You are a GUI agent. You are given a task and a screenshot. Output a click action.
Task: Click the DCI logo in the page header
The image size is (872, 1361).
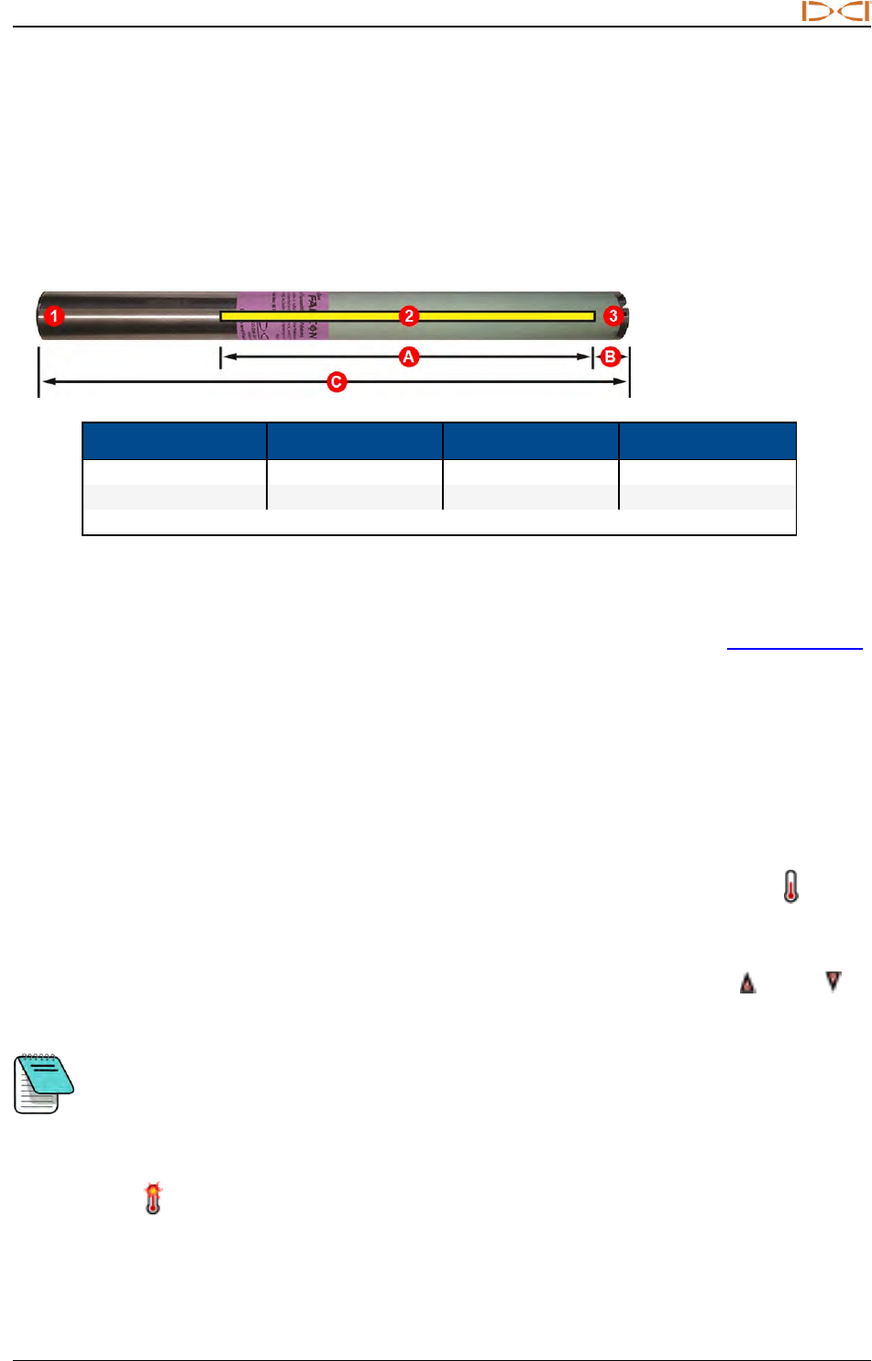[835, 12]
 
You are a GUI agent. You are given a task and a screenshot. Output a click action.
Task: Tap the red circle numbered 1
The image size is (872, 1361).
[55, 316]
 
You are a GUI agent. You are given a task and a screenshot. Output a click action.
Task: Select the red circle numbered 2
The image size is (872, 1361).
[409, 316]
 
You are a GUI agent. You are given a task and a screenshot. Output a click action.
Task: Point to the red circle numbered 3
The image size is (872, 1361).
[613, 316]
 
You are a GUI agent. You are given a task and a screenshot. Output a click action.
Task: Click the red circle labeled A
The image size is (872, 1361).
[409, 357]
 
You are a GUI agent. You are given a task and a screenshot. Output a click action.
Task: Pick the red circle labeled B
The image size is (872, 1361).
[611, 357]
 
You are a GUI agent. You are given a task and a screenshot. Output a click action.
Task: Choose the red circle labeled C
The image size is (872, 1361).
[337, 381]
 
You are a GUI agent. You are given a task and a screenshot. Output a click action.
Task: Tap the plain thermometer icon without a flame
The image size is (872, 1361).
[791, 886]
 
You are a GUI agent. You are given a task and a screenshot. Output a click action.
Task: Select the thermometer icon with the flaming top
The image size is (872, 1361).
[153, 1199]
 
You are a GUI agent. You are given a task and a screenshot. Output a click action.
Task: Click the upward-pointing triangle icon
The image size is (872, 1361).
[748, 983]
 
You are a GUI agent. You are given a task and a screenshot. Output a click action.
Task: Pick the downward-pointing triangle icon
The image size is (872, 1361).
[833, 981]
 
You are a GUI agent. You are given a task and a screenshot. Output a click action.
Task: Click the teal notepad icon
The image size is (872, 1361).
[43, 1082]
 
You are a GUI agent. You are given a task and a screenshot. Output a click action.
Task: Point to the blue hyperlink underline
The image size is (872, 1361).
[794, 648]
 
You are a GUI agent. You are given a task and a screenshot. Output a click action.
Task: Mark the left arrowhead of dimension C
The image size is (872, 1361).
[46, 381]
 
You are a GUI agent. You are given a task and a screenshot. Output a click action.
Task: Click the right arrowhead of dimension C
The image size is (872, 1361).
[622, 381]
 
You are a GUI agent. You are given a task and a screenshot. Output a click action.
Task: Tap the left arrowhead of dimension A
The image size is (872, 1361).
[229, 357]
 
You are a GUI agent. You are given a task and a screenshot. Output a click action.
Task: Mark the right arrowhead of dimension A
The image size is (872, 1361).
[585, 357]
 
